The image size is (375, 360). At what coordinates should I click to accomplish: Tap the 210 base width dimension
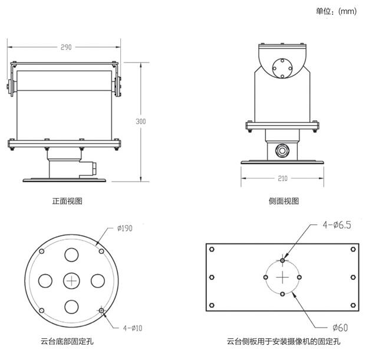tap(282, 178)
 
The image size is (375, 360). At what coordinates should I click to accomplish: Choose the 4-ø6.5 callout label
tap(337, 224)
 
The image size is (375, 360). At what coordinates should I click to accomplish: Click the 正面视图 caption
tap(67, 201)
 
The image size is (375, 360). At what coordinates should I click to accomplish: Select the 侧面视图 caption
tap(284, 201)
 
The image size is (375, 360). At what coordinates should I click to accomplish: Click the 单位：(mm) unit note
tap(336, 11)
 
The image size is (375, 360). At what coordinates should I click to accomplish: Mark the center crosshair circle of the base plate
tap(71, 280)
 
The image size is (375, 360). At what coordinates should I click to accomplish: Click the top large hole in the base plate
tap(71, 255)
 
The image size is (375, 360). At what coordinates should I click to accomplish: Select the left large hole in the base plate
tap(45, 280)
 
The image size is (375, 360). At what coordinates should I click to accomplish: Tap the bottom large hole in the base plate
tap(71, 306)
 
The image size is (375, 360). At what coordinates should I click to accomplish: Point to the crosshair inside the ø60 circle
tap(283, 277)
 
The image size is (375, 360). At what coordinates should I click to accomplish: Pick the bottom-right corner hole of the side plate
tap(354, 305)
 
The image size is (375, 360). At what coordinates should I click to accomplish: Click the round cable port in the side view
tap(283, 150)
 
